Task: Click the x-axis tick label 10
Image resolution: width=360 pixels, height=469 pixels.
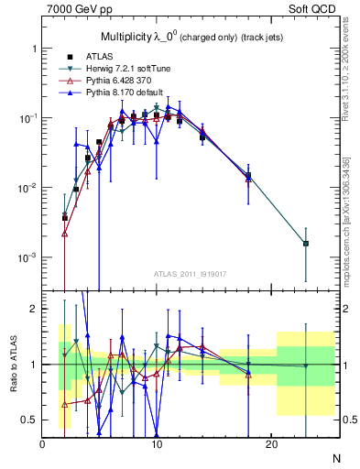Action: (157, 444)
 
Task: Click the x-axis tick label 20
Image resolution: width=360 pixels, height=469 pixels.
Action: (270, 444)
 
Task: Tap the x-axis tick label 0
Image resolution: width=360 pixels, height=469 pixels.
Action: (43, 444)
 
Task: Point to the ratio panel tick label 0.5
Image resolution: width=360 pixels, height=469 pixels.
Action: (27, 420)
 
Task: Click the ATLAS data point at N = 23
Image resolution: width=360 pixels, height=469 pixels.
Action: (305, 244)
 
